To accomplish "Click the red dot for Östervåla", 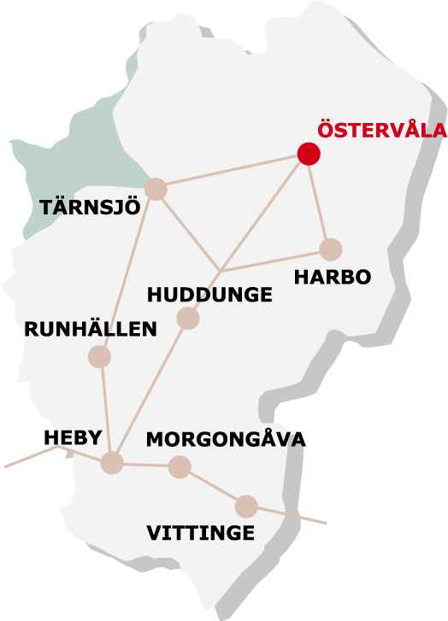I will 309,154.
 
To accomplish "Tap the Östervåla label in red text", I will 381,131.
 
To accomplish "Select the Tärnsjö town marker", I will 156,189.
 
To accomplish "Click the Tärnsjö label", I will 89,208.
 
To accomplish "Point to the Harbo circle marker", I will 331,249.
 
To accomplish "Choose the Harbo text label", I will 332,278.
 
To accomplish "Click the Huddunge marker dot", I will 187,319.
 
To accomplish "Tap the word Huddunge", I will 209,296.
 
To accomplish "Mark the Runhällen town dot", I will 100,357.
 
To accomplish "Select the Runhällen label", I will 91,329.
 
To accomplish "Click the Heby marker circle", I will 112,463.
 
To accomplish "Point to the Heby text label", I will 73,437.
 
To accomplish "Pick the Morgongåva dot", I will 179,466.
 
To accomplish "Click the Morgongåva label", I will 226,439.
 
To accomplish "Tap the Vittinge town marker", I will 246,506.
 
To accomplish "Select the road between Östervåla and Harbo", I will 320,202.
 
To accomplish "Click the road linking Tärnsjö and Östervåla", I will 231,172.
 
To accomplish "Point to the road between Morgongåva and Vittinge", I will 213,487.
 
